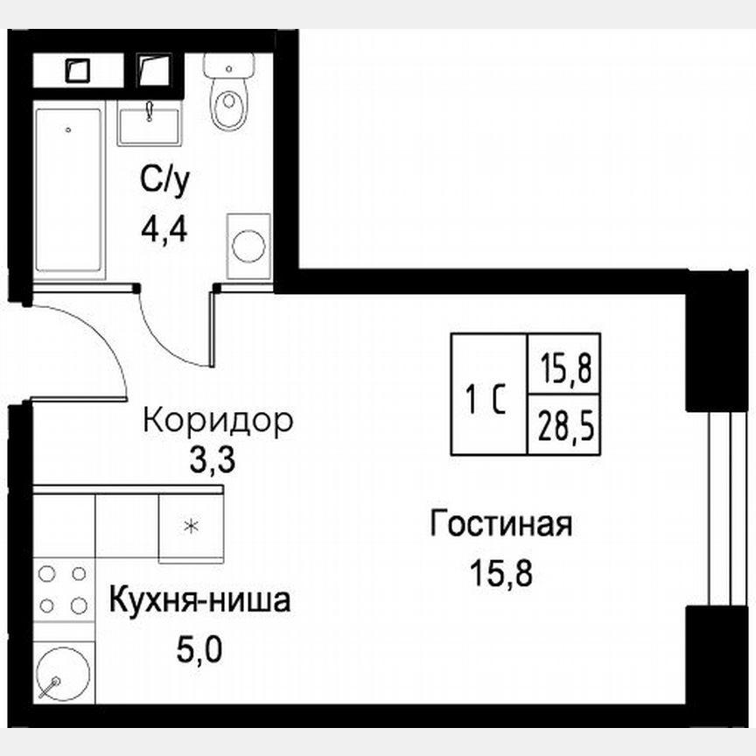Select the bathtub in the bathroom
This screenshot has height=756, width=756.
click(69, 188)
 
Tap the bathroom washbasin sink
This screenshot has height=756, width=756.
click(150, 122)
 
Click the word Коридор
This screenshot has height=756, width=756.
click(217, 421)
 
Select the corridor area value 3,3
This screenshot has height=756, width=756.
click(213, 460)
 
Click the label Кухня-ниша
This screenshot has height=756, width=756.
click(199, 603)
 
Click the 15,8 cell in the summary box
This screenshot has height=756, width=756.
click(565, 365)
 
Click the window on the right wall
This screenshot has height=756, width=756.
click(723, 507)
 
